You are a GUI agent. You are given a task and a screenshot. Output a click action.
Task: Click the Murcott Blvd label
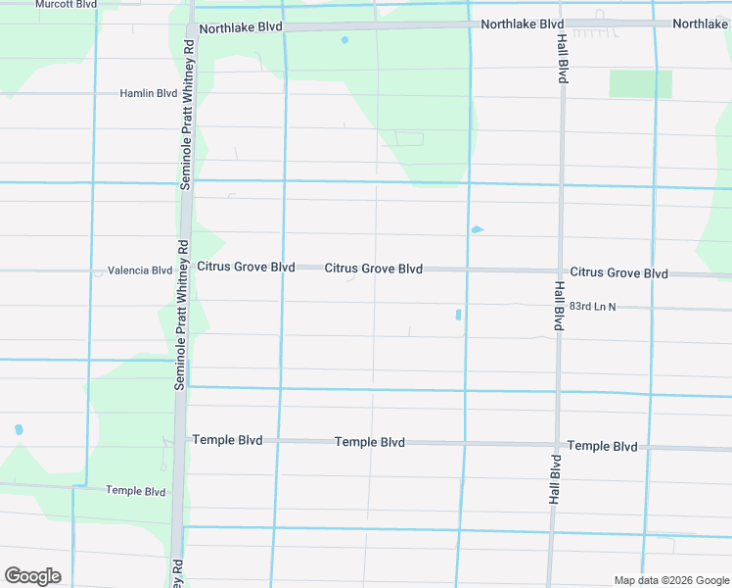(x=67, y=5)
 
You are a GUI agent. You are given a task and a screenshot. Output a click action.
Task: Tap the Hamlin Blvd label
(x=148, y=94)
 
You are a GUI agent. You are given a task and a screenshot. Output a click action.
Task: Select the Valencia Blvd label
(x=140, y=270)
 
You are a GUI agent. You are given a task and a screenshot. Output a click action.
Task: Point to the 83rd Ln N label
(x=593, y=307)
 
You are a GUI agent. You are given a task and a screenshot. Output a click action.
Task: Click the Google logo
(x=32, y=576)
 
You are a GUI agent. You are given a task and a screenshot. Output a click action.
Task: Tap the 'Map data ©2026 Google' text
(x=670, y=580)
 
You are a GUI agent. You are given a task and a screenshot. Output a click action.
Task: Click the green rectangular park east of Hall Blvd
(x=641, y=83)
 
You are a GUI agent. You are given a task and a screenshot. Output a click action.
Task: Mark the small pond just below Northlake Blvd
(x=344, y=40)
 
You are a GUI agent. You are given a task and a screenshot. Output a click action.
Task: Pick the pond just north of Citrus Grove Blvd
(x=477, y=229)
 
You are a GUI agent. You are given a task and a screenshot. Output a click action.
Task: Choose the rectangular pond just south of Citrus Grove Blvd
(x=458, y=315)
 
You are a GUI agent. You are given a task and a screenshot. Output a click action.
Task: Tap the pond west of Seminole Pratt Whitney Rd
(x=19, y=429)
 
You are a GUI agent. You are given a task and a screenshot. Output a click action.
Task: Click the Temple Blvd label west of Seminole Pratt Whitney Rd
(x=136, y=491)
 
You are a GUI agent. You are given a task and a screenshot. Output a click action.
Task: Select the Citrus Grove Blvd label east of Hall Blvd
(x=619, y=273)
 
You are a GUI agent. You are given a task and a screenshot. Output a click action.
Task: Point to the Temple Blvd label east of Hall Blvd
(x=603, y=446)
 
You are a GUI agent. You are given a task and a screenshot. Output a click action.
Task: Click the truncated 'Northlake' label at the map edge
(x=701, y=24)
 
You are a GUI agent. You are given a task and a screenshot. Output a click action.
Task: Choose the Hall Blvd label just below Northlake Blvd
(x=563, y=58)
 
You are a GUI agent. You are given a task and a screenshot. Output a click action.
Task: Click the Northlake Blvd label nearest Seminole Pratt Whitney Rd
(x=240, y=29)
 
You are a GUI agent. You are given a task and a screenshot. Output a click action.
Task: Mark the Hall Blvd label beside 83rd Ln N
(x=558, y=306)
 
